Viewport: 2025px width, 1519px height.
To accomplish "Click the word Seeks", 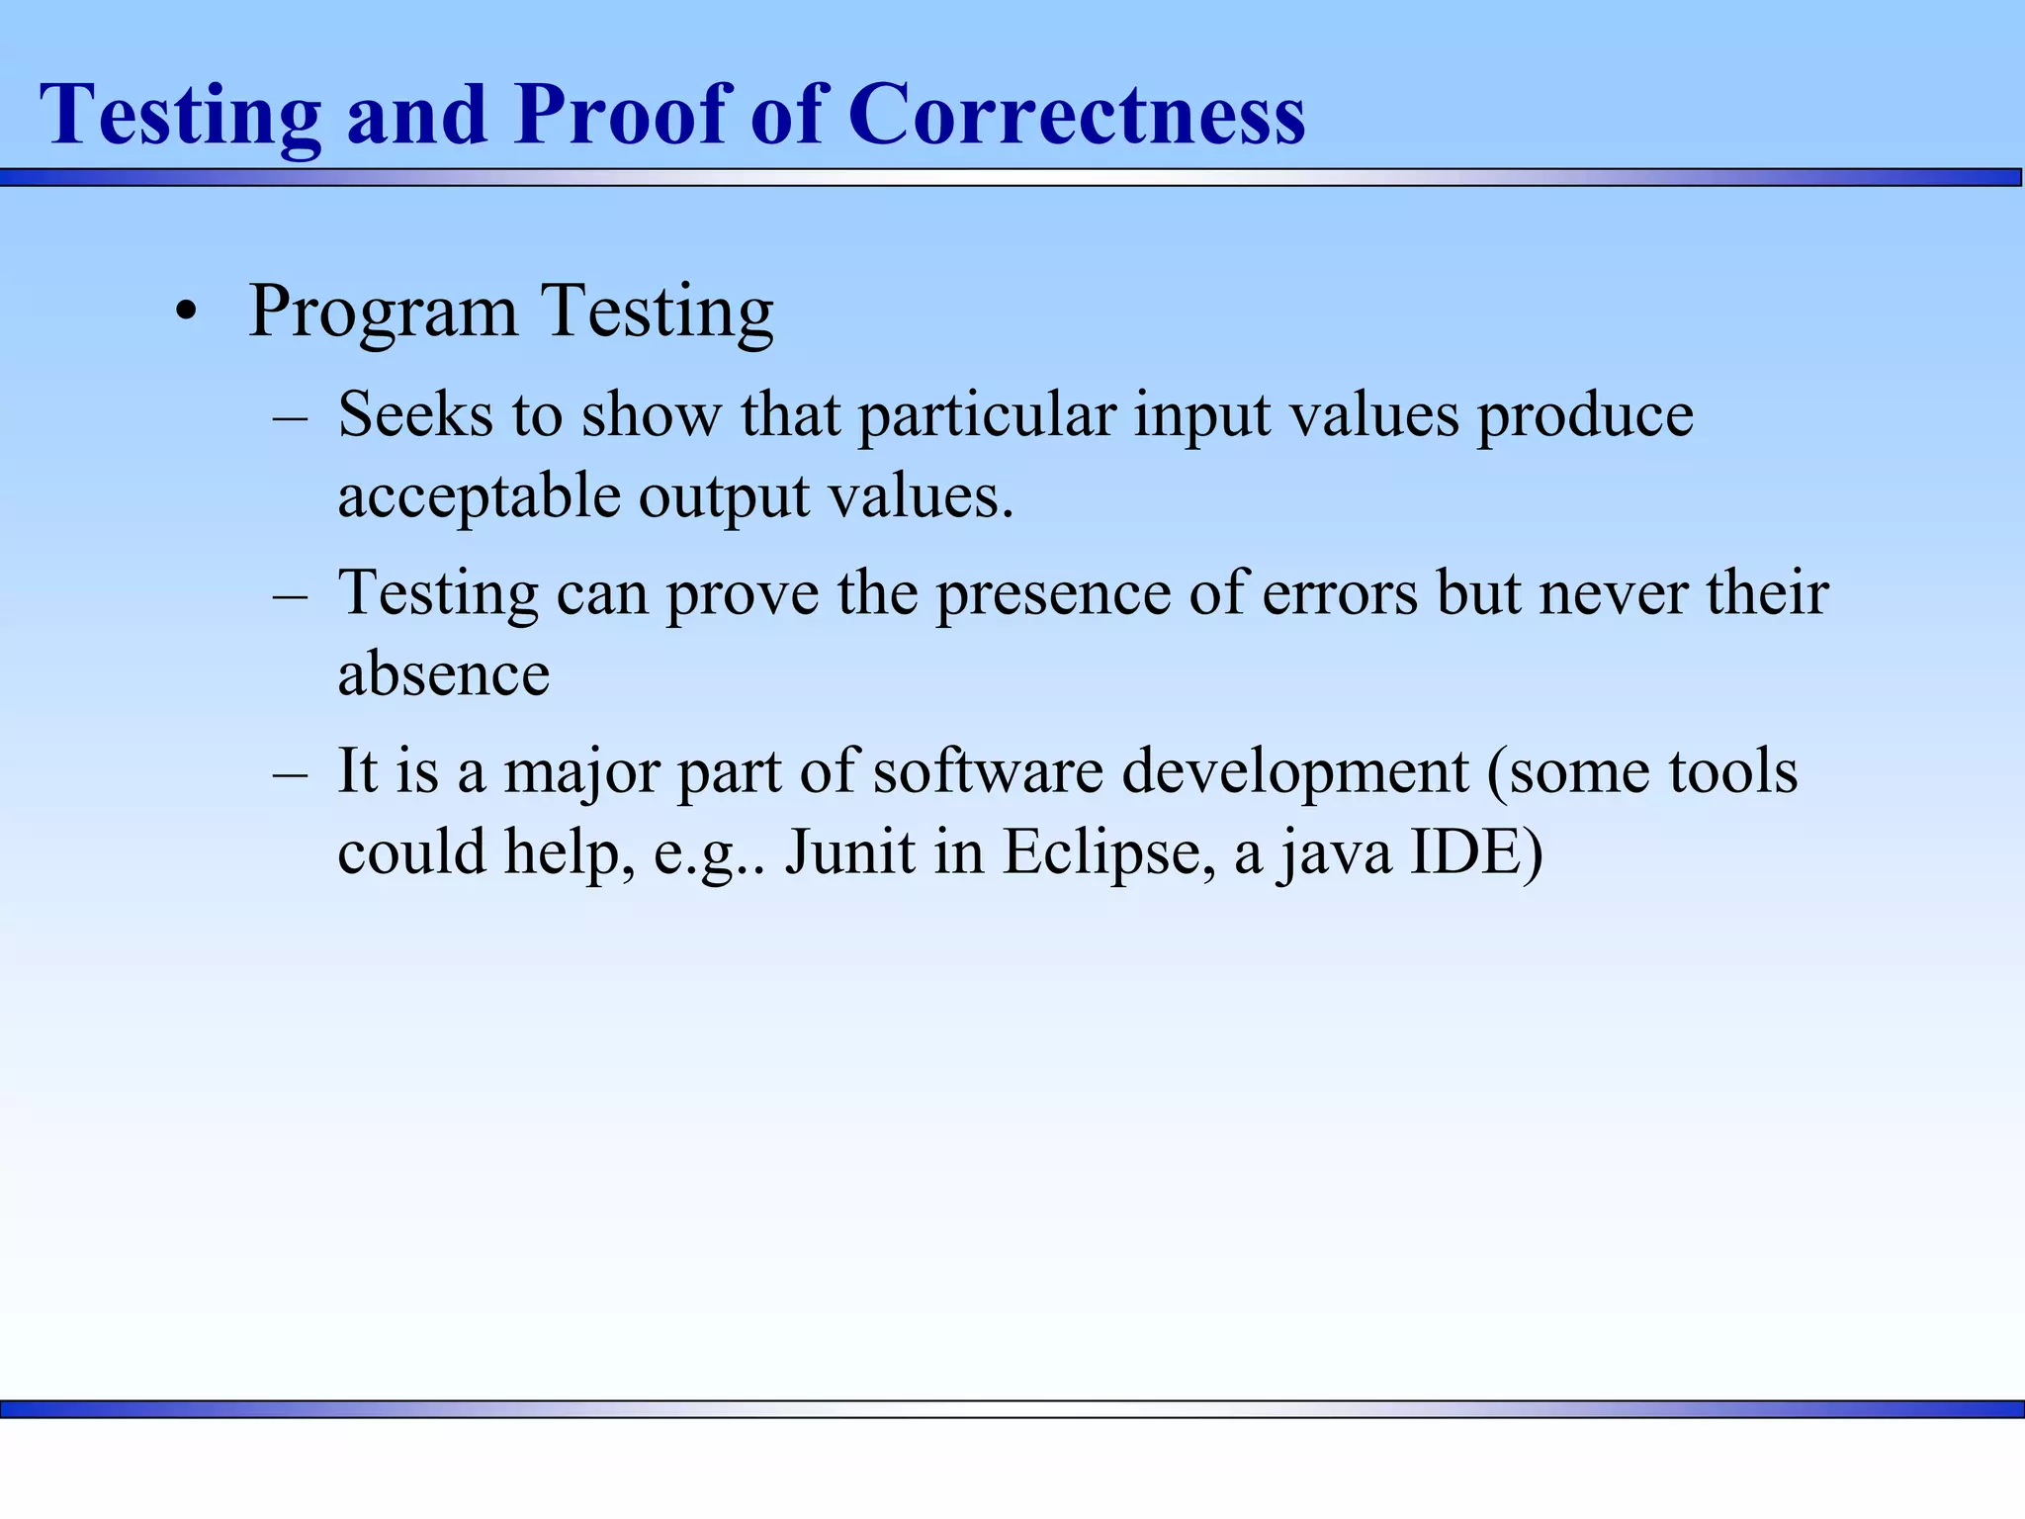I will pyautogui.click(x=414, y=414).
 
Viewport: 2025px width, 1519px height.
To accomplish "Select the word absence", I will pyautogui.click(x=444, y=675).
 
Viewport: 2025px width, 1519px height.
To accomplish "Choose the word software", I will pyautogui.click(x=988, y=771).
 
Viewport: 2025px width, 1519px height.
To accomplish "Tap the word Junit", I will pyautogui.click(x=850, y=851).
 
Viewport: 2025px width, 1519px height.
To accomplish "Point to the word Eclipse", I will pyautogui.click(x=1108, y=853).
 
